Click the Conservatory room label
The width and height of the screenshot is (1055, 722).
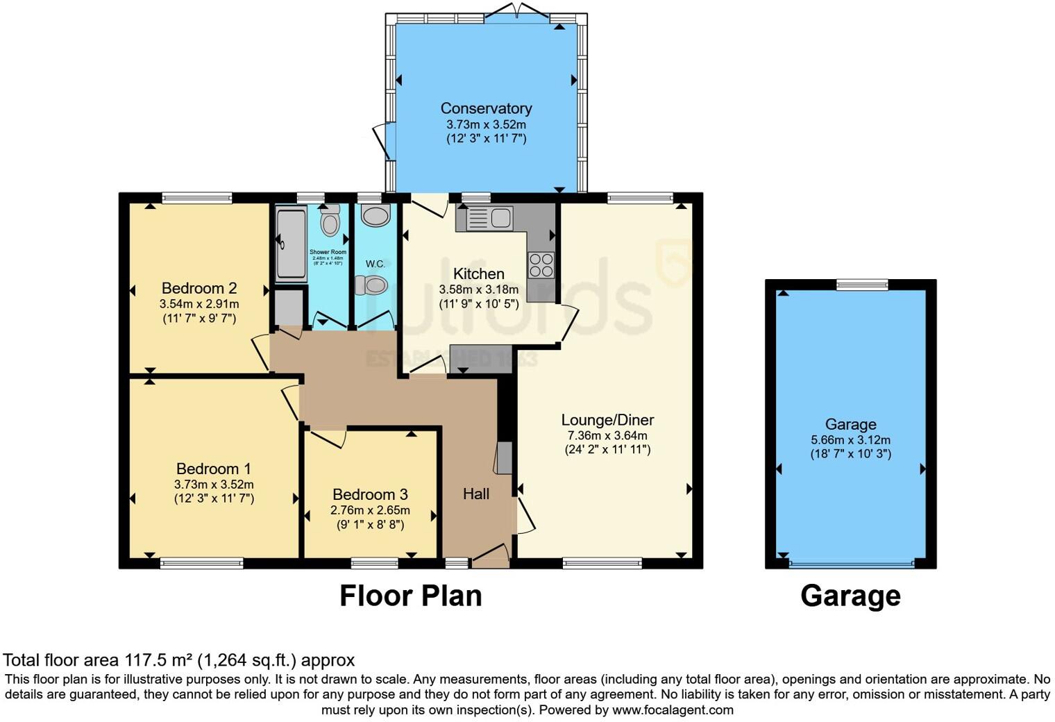(486, 108)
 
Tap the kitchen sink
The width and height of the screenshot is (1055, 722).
(484, 218)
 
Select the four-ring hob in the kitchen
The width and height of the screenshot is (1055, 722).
(541, 265)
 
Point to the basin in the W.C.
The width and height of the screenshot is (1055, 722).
(376, 215)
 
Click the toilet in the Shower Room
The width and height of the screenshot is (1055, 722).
(330, 222)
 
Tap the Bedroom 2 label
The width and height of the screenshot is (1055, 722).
(199, 288)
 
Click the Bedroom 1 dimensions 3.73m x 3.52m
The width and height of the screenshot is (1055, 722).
(214, 485)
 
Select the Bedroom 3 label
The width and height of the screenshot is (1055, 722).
(370, 494)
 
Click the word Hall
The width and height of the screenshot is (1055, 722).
(476, 494)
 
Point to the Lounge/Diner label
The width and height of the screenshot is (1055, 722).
(607, 420)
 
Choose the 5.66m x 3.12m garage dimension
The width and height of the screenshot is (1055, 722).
(850, 440)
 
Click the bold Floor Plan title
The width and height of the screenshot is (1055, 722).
(410, 596)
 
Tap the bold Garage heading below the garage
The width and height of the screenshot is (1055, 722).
(850, 596)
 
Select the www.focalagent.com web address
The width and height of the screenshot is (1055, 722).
(672, 710)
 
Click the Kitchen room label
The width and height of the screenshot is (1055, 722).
(479, 274)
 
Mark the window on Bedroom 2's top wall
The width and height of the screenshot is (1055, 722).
(197, 198)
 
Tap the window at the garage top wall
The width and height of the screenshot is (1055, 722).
(862, 284)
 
